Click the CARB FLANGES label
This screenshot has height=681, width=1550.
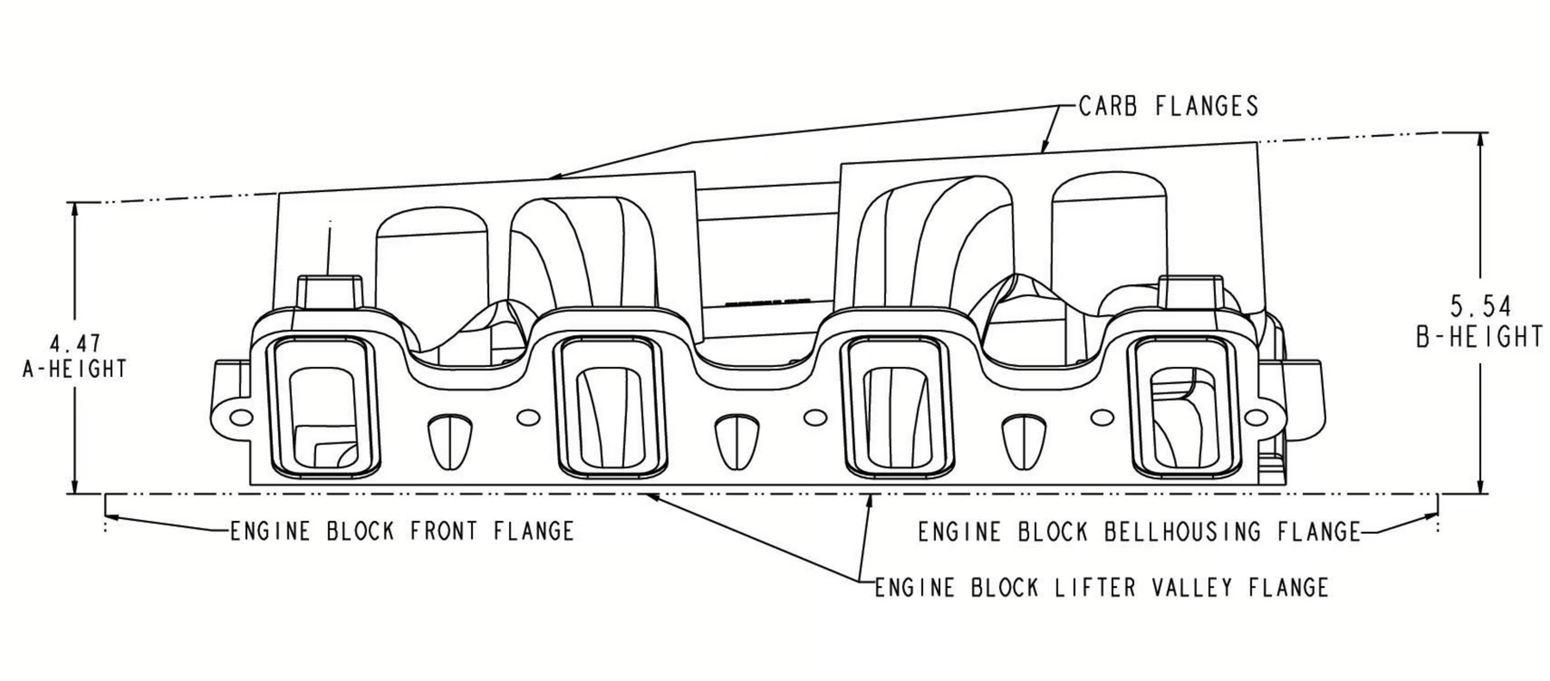pos(1168,106)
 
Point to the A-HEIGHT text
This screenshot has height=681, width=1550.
pos(75,369)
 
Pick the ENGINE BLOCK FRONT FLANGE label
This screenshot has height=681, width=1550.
pos(401,531)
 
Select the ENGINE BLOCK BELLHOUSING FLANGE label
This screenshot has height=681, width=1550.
pos(1138,532)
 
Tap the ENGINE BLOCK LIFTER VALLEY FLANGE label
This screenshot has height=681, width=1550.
pos(1101,588)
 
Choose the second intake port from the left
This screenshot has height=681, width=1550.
pos(611,408)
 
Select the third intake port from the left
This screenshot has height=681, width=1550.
pos(896,408)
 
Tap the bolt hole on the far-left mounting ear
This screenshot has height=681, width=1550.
pos(242,418)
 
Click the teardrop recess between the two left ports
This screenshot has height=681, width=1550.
pos(450,441)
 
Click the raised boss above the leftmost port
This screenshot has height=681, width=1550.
pos(330,291)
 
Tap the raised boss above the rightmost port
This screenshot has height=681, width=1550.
pos(1191,291)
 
